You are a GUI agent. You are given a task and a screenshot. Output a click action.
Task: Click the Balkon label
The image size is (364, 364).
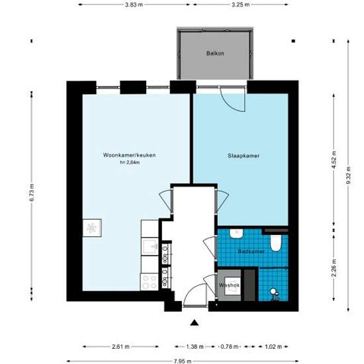(215, 53)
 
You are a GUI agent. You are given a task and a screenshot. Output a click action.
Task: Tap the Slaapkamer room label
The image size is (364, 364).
(244, 156)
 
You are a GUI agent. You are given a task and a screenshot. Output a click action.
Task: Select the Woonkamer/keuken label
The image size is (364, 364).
(129, 155)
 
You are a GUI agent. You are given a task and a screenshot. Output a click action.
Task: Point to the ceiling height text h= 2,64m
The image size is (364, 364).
(130, 163)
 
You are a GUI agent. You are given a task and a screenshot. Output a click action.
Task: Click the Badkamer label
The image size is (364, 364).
(251, 251)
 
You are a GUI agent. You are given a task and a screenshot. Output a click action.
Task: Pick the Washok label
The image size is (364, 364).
(229, 285)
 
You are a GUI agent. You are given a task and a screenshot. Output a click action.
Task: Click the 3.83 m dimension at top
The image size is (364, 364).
(134, 5)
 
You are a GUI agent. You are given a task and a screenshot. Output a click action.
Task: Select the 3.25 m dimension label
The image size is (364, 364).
(241, 5)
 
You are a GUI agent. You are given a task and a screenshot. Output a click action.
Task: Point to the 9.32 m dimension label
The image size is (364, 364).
(348, 175)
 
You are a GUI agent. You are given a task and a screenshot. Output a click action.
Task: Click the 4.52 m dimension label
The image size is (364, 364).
(334, 160)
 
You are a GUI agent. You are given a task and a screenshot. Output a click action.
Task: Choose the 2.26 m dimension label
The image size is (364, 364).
(334, 268)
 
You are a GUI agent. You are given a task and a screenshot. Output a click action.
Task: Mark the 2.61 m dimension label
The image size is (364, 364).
(120, 347)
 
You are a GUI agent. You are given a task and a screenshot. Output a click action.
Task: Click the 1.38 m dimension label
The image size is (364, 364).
(195, 347)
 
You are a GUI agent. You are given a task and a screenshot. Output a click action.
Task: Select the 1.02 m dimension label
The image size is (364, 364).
(273, 347)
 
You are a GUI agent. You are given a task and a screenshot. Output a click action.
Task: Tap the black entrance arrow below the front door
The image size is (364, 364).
(195, 323)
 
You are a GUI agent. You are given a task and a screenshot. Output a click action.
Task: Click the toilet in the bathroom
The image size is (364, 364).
(276, 243)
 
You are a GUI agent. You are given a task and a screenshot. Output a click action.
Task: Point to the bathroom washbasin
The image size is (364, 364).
(236, 234)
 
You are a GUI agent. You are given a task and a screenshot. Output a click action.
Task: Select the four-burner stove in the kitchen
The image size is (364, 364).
(150, 281)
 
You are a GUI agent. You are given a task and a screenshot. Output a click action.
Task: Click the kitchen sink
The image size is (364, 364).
(150, 247)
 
